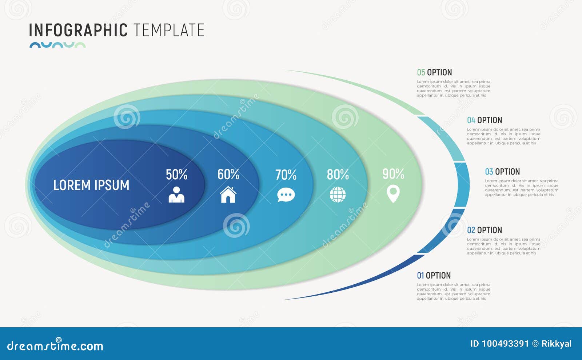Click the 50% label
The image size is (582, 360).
[x=176, y=175]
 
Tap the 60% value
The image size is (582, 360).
[x=228, y=175]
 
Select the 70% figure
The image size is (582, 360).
[x=286, y=175]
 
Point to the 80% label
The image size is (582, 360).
[x=338, y=175]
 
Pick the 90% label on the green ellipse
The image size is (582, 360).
[x=393, y=174]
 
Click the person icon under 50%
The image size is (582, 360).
[x=176, y=195]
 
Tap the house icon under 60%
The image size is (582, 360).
[x=228, y=195]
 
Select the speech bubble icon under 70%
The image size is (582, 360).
[x=286, y=195]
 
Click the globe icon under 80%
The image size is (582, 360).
[x=338, y=195]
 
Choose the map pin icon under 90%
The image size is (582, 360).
[x=393, y=194]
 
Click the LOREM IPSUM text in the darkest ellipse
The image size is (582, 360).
[x=91, y=185]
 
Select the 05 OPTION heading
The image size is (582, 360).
[x=434, y=72]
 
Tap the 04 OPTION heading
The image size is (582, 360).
[x=484, y=120]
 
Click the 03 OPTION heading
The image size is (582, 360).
[x=502, y=172]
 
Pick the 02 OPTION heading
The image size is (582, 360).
[x=484, y=230]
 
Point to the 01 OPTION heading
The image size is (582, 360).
[x=434, y=276]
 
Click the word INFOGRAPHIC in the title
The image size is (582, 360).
[x=78, y=30]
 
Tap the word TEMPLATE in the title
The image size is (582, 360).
[x=168, y=30]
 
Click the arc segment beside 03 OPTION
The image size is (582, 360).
[x=462, y=184]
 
